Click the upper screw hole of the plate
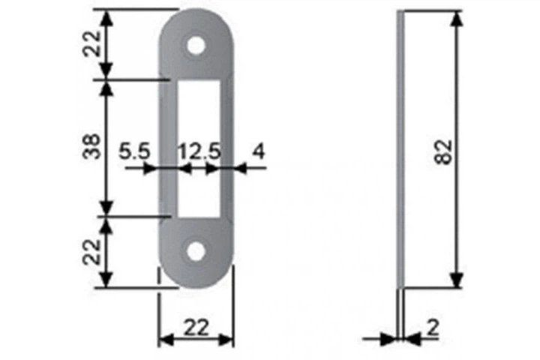196,45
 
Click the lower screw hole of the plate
196,251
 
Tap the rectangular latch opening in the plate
199,148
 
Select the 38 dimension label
92,146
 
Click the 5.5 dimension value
135,151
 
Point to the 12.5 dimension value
199,151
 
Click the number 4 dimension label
259,151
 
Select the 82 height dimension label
443,152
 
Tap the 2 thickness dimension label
433,327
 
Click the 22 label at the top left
92,43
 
